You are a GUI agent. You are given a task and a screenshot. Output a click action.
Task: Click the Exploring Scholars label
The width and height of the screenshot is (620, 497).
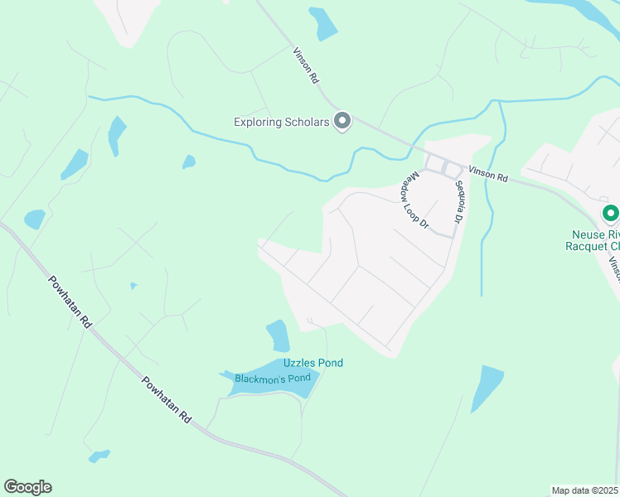[x=282, y=123]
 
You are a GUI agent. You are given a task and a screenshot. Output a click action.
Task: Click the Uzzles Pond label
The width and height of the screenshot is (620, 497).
[x=312, y=363]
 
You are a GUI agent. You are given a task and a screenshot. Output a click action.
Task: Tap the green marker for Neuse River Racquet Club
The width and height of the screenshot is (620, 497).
[x=611, y=215]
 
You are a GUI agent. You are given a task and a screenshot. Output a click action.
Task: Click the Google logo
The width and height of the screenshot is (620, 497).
[x=27, y=487]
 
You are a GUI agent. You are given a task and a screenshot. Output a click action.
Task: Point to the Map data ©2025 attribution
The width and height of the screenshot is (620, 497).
[x=584, y=490]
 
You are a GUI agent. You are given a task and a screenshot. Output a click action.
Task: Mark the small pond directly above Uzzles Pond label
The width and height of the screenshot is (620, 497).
[x=278, y=335]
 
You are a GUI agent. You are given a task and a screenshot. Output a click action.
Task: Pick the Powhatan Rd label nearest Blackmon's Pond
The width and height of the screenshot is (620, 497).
[x=166, y=401]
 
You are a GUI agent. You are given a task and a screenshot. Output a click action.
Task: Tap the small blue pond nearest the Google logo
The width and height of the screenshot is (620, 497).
[x=99, y=456]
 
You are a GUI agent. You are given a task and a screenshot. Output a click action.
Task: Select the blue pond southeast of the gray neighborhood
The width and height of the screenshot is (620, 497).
[x=487, y=388]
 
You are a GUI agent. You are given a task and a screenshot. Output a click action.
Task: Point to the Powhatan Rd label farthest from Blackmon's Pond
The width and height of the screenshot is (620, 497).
[x=68, y=305]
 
